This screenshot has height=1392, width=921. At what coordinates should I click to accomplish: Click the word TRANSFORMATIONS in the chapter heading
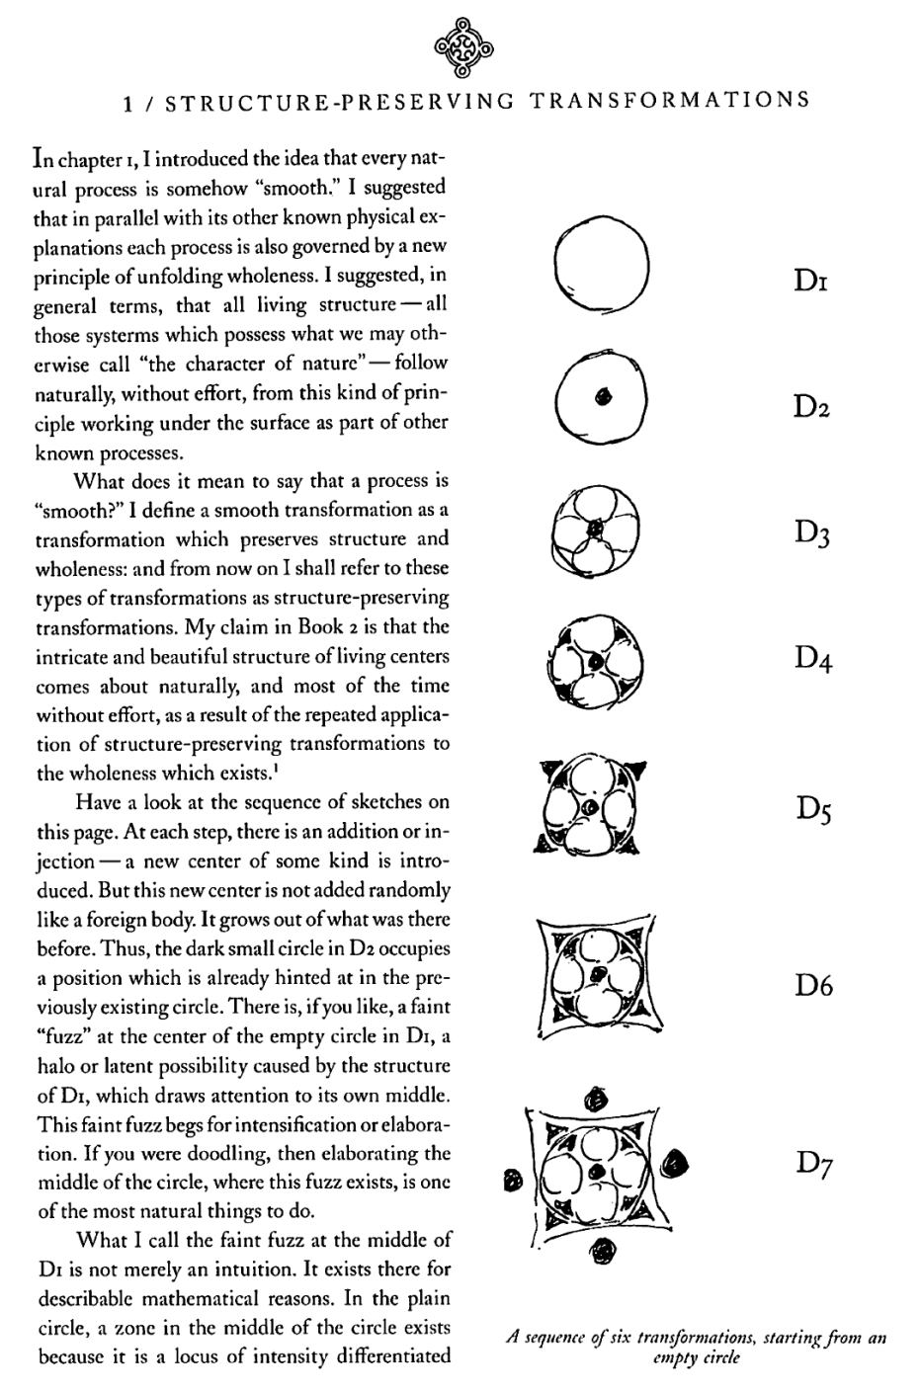click(x=669, y=100)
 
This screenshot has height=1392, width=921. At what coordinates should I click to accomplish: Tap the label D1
click(x=810, y=282)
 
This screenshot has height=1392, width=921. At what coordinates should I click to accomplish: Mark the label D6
click(x=812, y=985)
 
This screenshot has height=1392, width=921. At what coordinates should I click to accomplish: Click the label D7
click(x=812, y=1165)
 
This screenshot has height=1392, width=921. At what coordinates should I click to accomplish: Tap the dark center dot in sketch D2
click(x=601, y=397)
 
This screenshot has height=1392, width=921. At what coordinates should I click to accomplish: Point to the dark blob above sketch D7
click(x=597, y=1098)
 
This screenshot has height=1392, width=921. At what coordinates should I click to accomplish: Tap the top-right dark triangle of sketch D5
click(x=637, y=769)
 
